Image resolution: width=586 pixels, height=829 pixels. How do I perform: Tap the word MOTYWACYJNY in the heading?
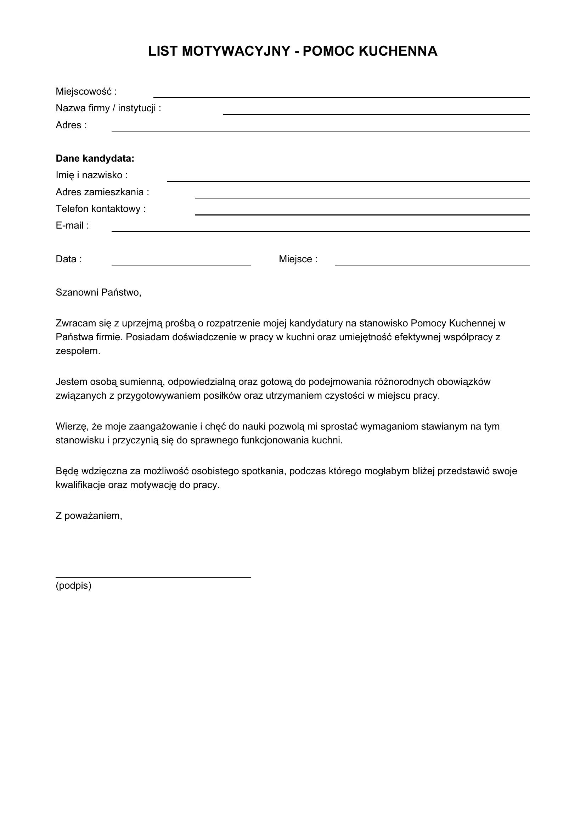pos(236,51)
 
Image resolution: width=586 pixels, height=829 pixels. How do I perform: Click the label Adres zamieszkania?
pos(102,192)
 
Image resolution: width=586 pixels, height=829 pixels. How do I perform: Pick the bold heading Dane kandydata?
pos(95,158)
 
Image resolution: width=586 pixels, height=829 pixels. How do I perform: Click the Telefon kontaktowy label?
pos(101,209)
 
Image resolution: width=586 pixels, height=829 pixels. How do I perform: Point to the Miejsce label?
pos(298,259)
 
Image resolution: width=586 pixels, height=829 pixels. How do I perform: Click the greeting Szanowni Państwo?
pos(98,292)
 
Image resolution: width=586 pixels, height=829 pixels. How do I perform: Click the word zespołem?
pos(78,351)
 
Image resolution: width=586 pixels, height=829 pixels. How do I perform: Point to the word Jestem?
pos(71,382)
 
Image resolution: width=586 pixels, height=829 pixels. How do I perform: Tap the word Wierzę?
pos(72,426)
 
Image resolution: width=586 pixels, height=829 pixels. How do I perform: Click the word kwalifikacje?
pos(80,485)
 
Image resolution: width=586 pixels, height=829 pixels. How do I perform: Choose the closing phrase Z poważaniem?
pos(89,516)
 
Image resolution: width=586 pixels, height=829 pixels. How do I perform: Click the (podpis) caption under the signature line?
pos(74,586)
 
